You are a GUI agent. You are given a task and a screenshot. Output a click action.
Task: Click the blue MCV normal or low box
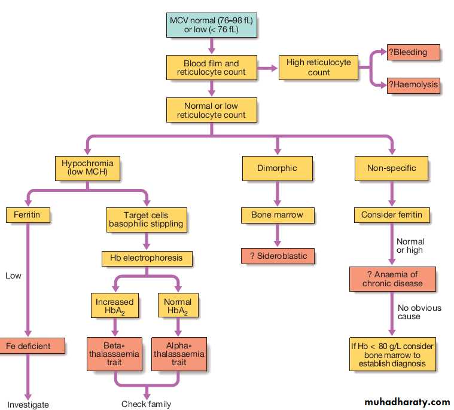pos(211,25)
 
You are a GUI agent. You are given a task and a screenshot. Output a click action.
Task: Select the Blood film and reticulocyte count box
pos(211,68)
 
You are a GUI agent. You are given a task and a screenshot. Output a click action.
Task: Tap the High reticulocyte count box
pos(318,68)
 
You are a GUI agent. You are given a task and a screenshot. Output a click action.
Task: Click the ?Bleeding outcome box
pos(413,53)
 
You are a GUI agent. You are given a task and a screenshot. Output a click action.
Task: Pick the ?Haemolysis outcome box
pos(413,85)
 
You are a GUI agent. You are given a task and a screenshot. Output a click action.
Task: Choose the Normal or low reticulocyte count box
pos(211,110)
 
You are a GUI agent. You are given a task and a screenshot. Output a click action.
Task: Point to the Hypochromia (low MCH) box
pos(87,169)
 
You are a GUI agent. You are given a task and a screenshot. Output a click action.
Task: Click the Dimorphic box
pos(277,169)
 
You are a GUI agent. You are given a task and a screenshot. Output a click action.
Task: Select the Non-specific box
pos(391,169)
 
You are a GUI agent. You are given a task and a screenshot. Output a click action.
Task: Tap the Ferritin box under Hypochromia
pos(28,215)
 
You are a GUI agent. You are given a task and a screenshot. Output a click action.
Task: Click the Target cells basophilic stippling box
pos(146,219)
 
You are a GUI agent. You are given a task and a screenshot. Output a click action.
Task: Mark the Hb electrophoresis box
pos(147,258)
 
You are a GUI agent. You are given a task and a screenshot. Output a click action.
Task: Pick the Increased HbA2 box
pos(115,305)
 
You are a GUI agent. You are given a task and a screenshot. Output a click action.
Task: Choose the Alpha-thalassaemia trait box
pos(179,354)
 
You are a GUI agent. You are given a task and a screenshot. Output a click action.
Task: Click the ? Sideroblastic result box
pos(278,256)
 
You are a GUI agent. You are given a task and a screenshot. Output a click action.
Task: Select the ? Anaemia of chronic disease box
pos(392,279)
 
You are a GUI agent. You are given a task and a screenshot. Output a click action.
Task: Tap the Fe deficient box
pos(32,346)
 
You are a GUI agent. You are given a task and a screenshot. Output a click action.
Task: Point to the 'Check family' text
pos(146,404)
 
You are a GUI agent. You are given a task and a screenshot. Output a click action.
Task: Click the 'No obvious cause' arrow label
pos(419,312)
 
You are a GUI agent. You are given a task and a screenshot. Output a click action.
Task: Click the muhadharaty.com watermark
pos(407,402)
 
